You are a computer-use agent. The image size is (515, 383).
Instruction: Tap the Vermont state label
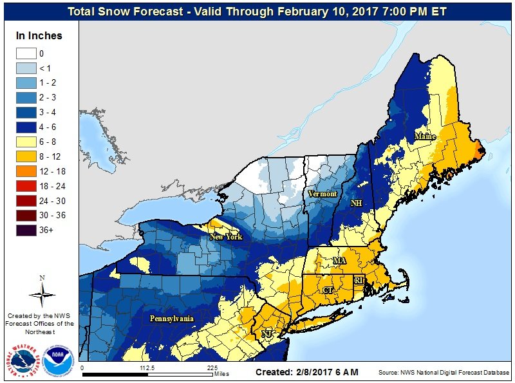point(322,194)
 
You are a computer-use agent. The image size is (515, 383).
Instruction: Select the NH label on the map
point(355,203)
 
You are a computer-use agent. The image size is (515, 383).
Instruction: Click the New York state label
point(225,237)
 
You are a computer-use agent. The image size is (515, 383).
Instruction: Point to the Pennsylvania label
point(172,319)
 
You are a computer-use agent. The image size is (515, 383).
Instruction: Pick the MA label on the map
point(339,260)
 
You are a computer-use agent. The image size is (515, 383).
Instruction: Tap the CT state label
point(328,290)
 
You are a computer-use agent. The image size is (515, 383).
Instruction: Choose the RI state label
point(359,281)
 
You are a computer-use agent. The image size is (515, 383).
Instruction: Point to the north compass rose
point(42,293)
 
